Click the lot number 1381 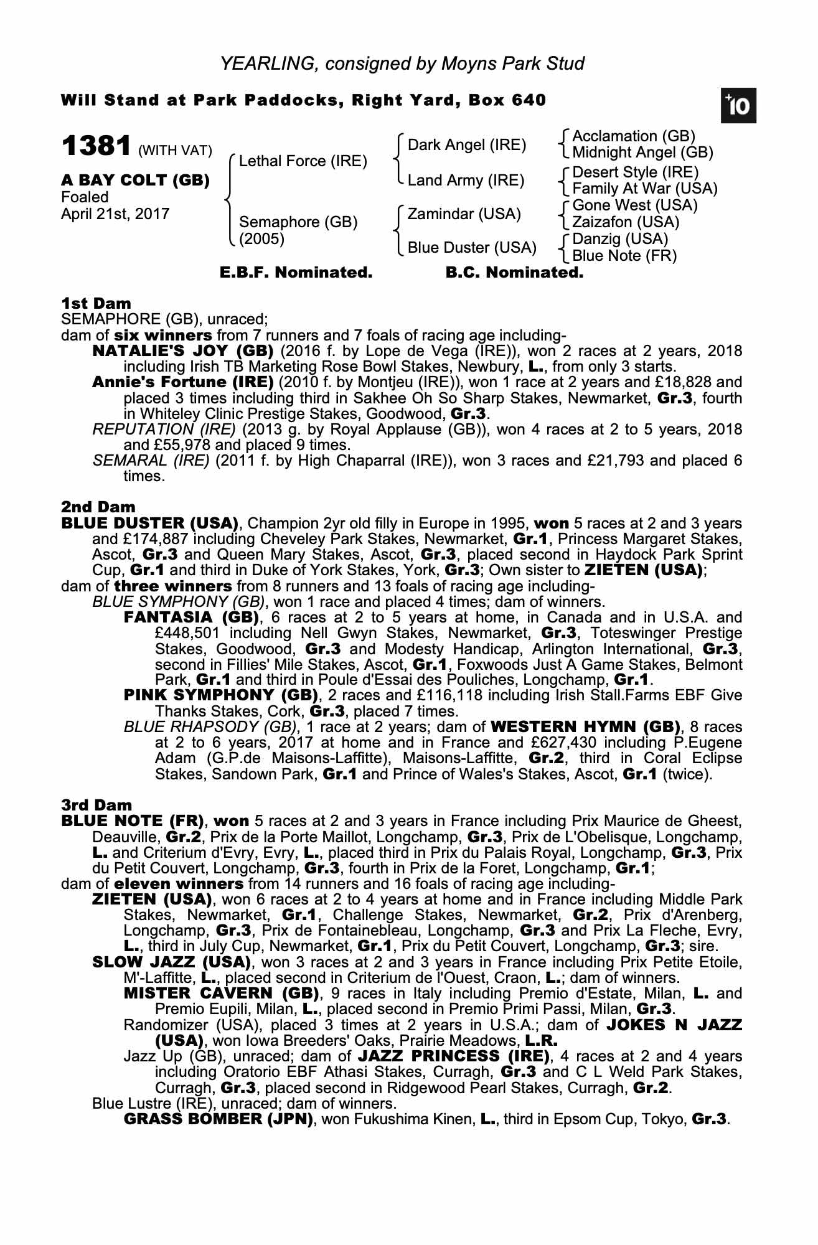coord(96,146)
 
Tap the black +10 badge coord(738,106)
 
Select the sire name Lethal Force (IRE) coord(303,161)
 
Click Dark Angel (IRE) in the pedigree coord(467,145)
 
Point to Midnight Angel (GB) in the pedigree coord(642,153)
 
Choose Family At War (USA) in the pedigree coord(645,189)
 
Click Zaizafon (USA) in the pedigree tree coord(626,222)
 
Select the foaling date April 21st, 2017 coord(115,214)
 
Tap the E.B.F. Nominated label coord(296,273)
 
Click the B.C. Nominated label coord(515,273)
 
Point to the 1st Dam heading coord(96,303)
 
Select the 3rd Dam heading coord(96,806)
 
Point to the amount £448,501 coord(186,634)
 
